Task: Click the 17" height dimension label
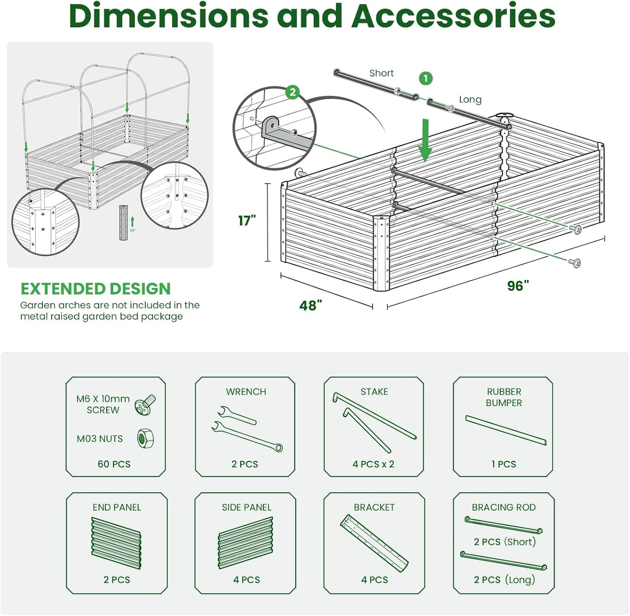tap(247, 221)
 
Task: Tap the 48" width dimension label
tap(310, 305)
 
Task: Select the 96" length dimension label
tap(518, 286)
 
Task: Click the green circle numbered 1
tap(426, 78)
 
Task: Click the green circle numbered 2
tap(293, 92)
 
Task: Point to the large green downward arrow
tap(425, 140)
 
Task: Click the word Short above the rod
tap(381, 73)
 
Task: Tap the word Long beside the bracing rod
tap(470, 99)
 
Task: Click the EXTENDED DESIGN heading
tap(95, 289)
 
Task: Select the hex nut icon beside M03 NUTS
tap(145, 439)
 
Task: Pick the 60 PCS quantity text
tap(114, 464)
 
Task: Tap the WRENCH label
tap(246, 391)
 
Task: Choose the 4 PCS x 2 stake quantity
tap(373, 464)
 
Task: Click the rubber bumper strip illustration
tap(506, 430)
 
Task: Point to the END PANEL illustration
tap(116, 543)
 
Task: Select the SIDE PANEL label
tap(246, 507)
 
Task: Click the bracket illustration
tap(374, 543)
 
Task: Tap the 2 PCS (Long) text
tap(504, 579)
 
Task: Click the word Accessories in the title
tap(453, 16)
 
